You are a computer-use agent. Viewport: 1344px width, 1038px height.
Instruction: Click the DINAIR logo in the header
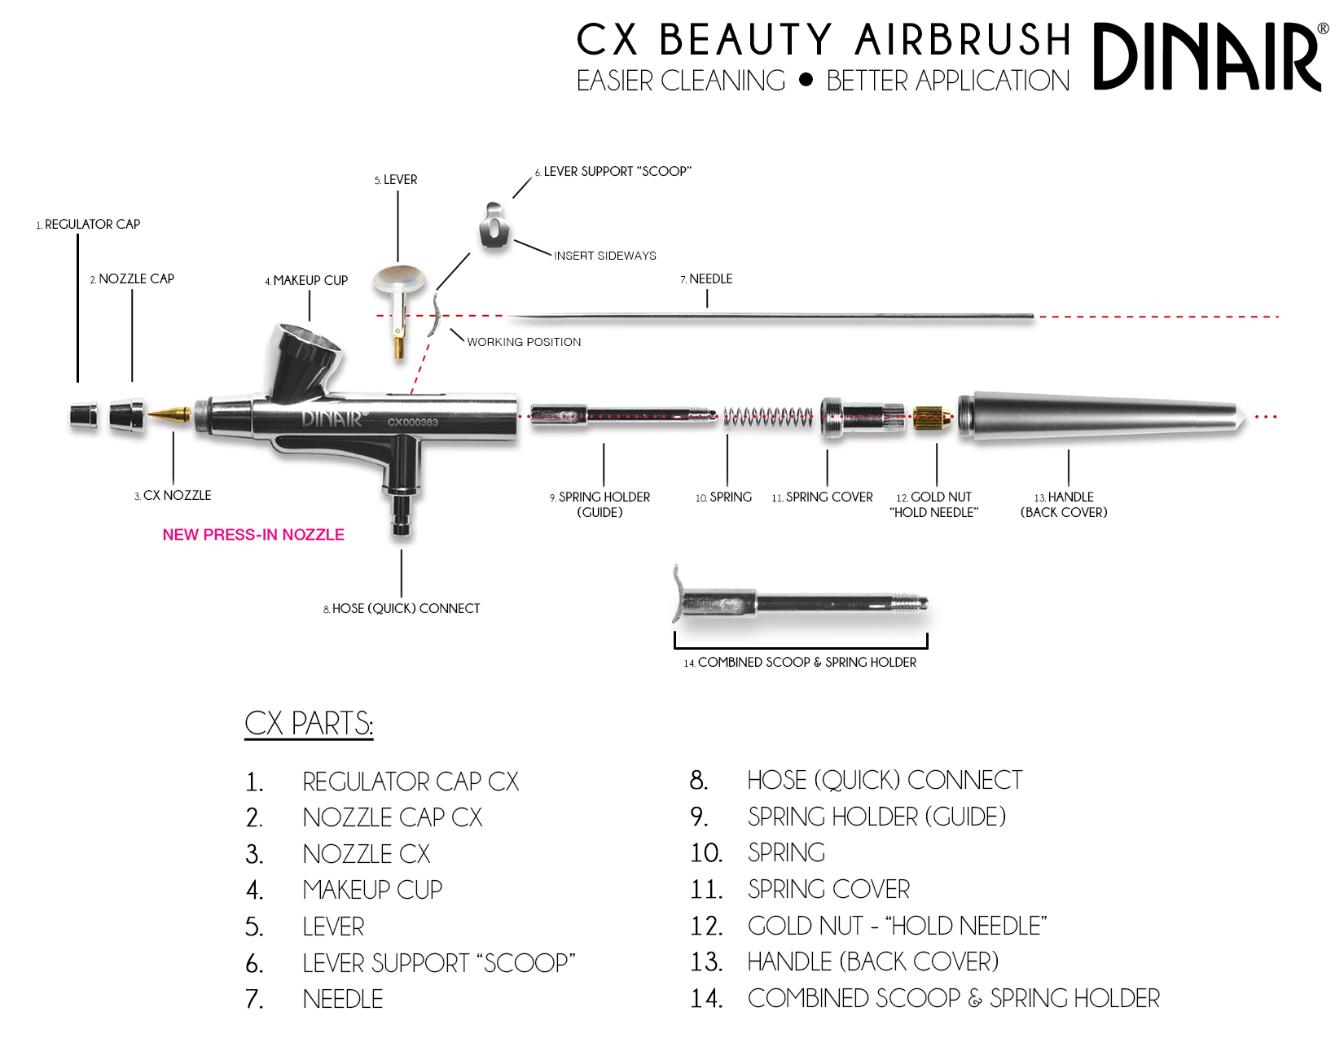[x=1206, y=57]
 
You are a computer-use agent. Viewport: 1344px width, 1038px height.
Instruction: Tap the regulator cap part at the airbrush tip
[x=83, y=415]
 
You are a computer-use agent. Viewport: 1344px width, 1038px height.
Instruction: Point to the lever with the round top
[x=399, y=293]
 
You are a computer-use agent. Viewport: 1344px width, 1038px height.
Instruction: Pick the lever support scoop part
[x=494, y=226]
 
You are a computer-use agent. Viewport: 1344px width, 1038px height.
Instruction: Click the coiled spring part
[x=767, y=416]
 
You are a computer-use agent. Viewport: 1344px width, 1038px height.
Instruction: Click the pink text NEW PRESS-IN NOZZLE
[x=253, y=535]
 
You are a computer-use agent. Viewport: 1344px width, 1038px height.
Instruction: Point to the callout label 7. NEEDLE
[x=706, y=279]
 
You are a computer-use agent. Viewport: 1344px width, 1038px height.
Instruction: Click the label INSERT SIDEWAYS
[x=605, y=256]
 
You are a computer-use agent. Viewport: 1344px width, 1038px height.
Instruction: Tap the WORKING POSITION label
[x=524, y=342]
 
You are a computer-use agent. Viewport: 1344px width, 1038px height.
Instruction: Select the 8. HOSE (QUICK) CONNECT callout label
[x=402, y=609]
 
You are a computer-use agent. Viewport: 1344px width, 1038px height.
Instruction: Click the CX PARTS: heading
[x=309, y=724]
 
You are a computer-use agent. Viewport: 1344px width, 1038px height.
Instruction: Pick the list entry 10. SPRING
[x=758, y=853]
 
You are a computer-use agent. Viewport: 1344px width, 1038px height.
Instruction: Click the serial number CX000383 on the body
[x=412, y=423]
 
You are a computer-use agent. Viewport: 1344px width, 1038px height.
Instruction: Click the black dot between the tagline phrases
[x=806, y=80]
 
